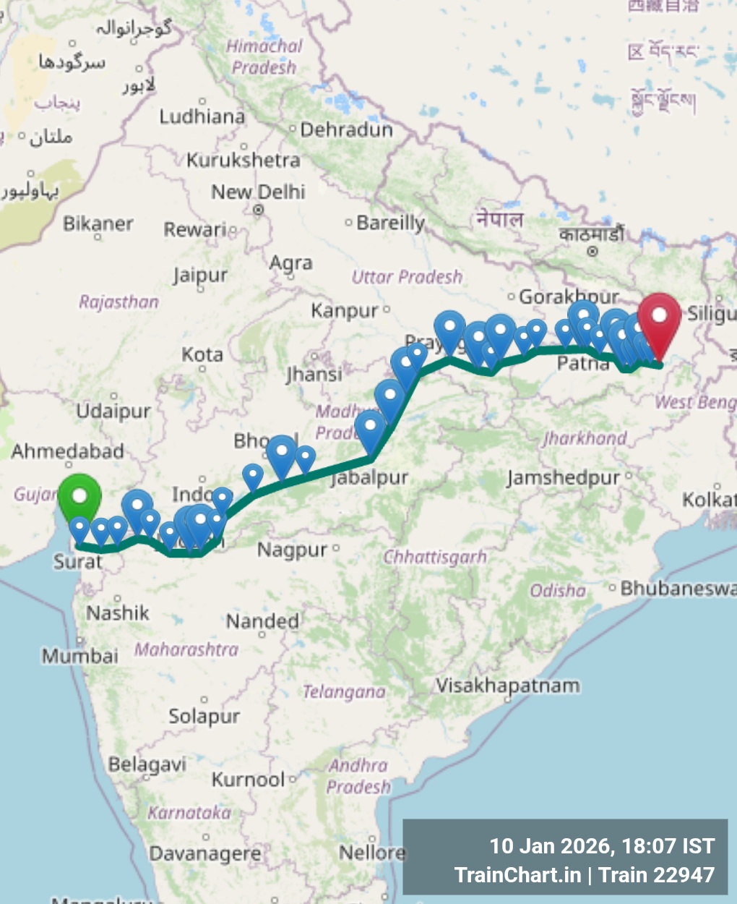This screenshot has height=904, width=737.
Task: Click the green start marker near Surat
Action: pos(79,498)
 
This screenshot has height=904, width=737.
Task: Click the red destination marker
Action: pos(658,318)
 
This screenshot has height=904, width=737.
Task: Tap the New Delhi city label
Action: pos(258,192)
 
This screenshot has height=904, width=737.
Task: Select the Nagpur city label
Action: pos(292,550)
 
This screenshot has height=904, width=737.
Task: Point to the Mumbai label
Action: pos(79,656)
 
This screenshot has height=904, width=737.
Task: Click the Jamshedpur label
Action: pos(564,478)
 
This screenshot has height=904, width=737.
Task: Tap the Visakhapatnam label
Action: pos(508,686)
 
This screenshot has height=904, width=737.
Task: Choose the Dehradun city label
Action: pos(346,130)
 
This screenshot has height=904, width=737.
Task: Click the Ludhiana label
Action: pos(202,116)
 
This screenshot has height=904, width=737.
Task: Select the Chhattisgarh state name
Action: pos(435,558)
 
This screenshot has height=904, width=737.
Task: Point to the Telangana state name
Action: pos(344,692)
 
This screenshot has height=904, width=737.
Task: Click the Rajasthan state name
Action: pos(118,302)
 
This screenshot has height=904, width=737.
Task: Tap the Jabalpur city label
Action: pos(370,478)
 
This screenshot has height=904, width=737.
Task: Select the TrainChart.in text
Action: pos(517,875)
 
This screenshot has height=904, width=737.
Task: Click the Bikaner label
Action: pos(98,223)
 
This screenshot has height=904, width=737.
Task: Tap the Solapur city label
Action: pos(204,717)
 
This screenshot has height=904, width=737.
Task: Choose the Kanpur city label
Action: pos(345,311)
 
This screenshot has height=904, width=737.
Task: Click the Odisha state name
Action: pos(558,591)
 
